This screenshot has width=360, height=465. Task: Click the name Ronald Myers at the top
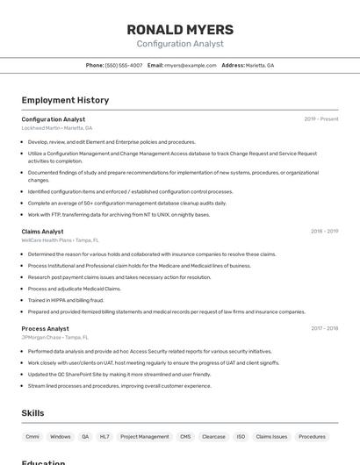pos(180,29)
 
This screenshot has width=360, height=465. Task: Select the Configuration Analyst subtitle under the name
pos(180,44)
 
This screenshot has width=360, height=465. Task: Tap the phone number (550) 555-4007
pos(124,65)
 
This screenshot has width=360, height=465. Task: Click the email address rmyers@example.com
pos(191,65)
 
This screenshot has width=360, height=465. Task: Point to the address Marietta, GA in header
pos(259,65)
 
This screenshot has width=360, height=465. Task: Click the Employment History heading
pos(59,100)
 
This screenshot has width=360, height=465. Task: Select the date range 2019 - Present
pos(321,119)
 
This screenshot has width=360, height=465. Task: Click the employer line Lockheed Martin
pos(57,128)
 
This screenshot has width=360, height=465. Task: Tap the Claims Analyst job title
pos(42,232)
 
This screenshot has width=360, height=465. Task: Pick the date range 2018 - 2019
pos(324,232)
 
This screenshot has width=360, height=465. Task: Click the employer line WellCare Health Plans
pos(60,240)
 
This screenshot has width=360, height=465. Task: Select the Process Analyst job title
pos(45,328)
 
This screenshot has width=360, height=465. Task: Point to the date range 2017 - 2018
pos(324,328)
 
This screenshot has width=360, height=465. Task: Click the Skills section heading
pos(32,413)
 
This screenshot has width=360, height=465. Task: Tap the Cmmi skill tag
pos(32,436)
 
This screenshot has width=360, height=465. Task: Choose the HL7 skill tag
pos(104,436)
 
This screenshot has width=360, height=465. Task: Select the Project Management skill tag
pos(144,436)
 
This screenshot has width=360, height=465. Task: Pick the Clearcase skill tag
pos(213,436)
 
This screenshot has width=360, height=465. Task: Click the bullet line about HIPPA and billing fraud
pos(66,300)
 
